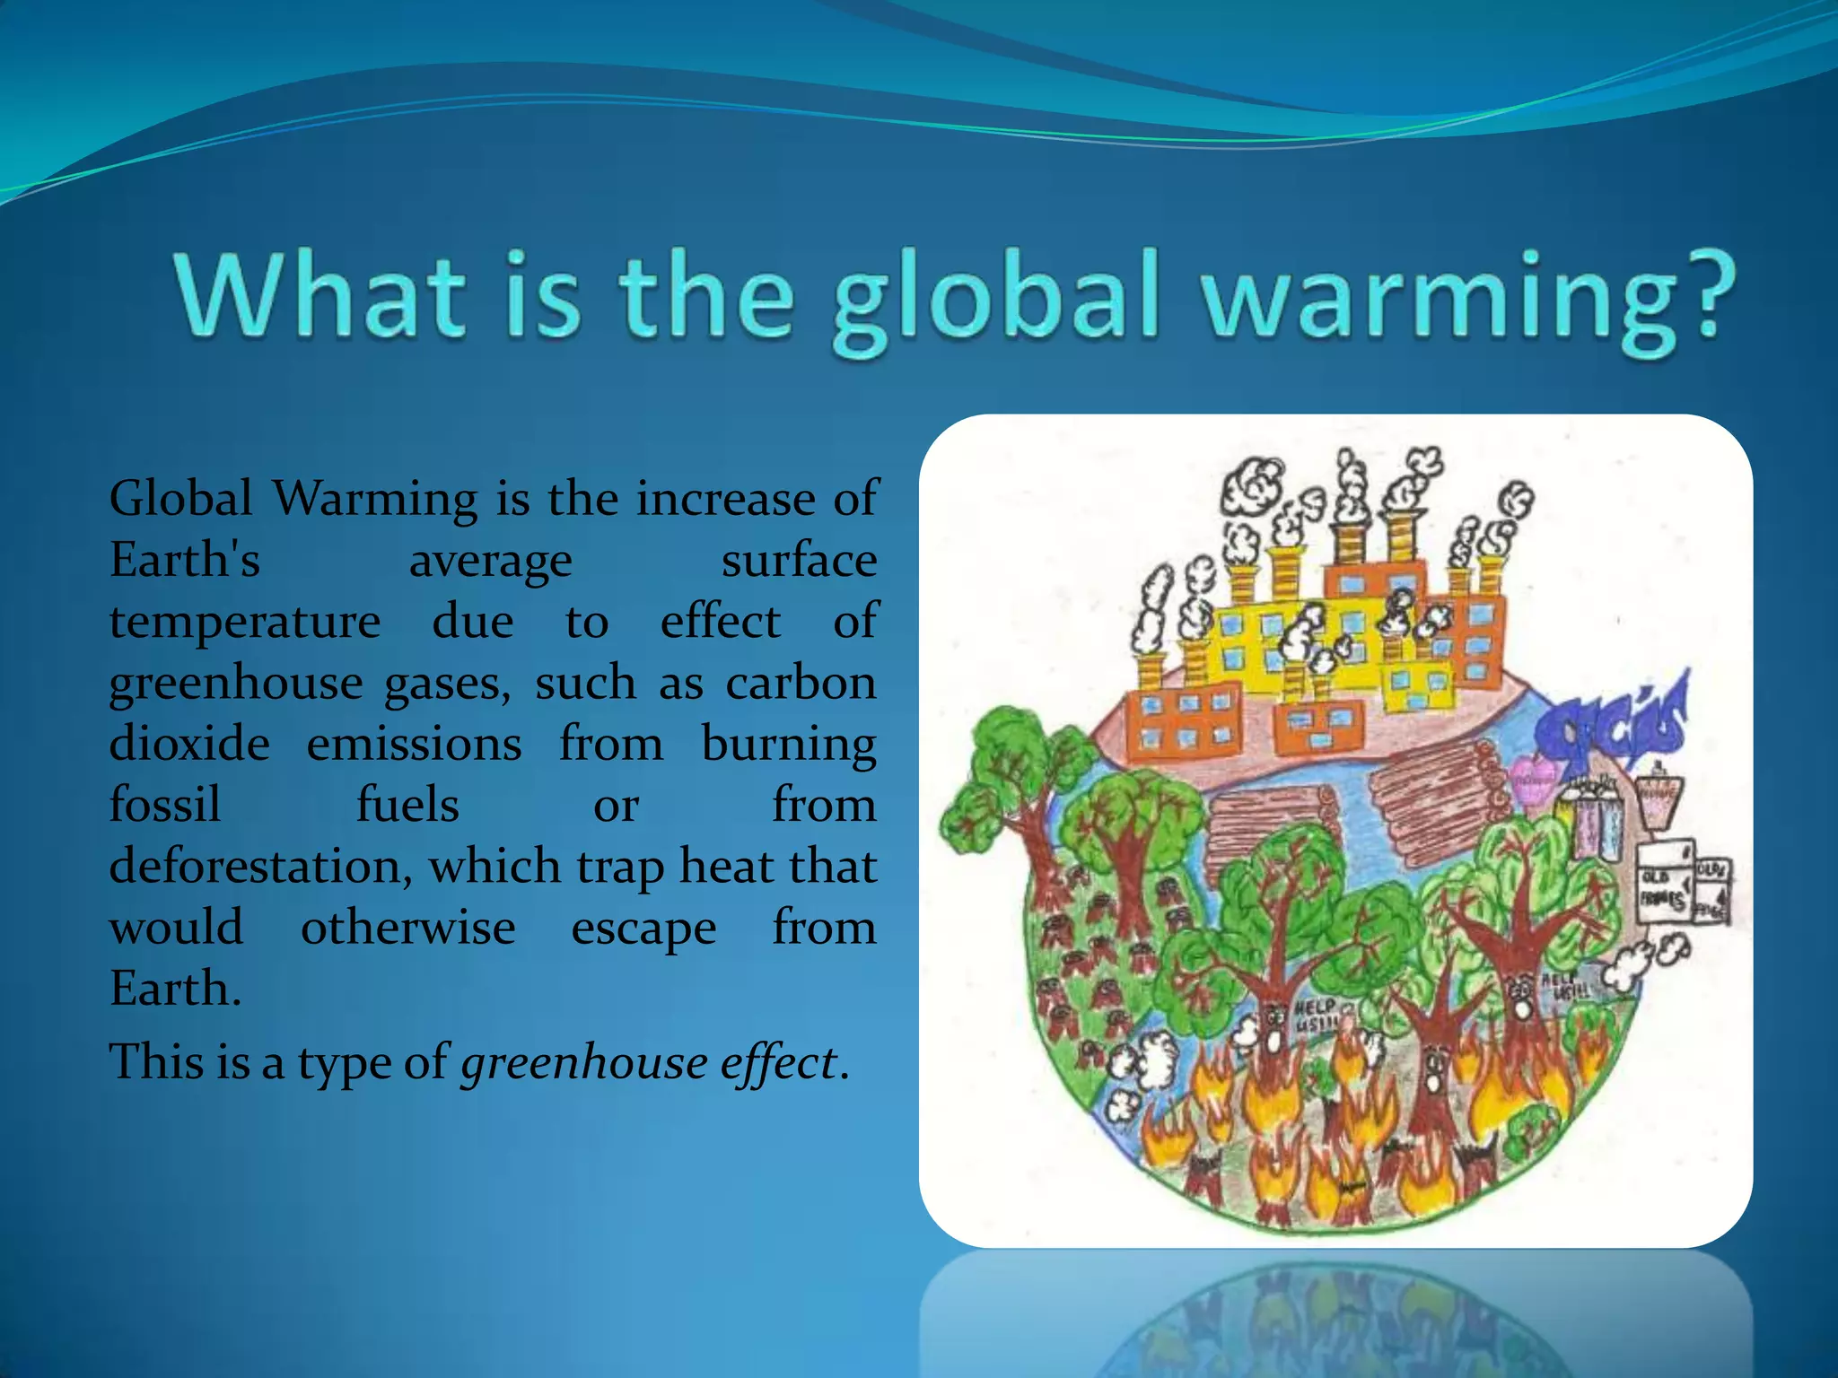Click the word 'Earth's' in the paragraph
click(185, 561)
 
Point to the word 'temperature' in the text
click(245, 622)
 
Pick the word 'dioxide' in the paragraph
click(189, 744)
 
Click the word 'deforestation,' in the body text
click(260, 868)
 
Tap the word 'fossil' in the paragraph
click(165, 805)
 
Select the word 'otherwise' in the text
click(407, 928)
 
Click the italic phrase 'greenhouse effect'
click(649, 1063)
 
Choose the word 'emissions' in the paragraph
click(414, 744)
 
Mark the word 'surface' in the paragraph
click(799, 561)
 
